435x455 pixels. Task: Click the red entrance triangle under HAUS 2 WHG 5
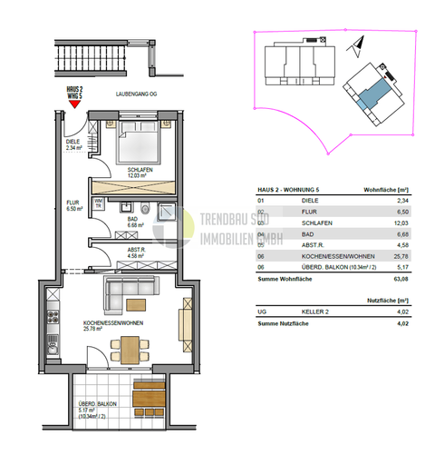[x=74, y=104]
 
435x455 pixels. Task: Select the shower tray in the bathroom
[x=165, y=211]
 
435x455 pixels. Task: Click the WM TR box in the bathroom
[x=100, y=204]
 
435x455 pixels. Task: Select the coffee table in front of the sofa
[x=137, y=304]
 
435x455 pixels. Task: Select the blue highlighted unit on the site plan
[x=369, y=94]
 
